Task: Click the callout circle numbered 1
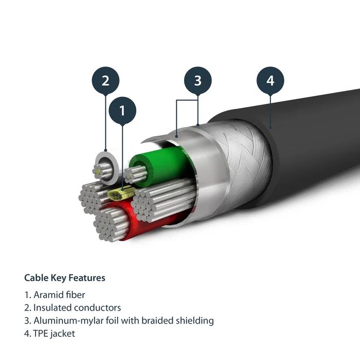tap(122, 111)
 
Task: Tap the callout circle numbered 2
tap(105, 81)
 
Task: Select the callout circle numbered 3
tap(198, 81)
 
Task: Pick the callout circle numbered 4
tap(271, 81)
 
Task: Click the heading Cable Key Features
tap(65, 278)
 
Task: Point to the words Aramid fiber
tap(60, 295)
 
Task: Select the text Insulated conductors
tap(77, 308)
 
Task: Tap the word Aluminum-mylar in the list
tap(64, 320)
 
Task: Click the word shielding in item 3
tap(195, 320)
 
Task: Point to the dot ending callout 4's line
tap(271, 127)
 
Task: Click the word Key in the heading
tap(57, 278)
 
